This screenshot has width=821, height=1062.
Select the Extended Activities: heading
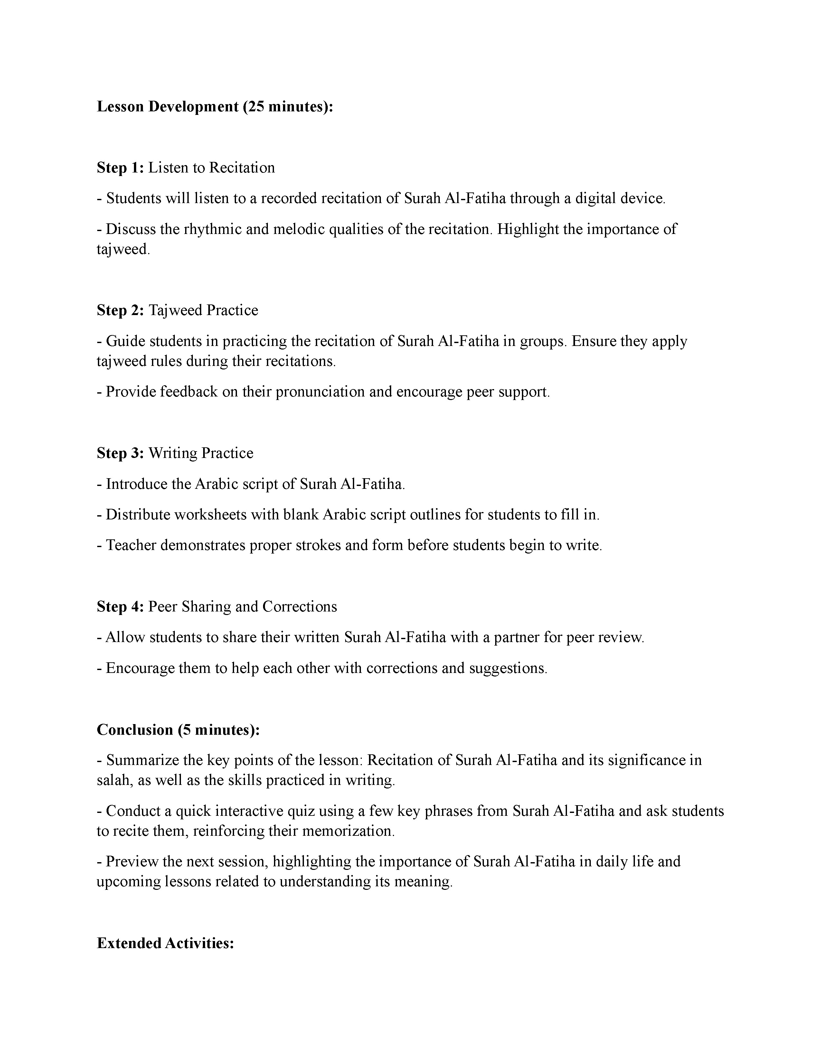[x=165, y=943]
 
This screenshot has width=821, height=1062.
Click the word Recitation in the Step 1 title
[x=242, y=168]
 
